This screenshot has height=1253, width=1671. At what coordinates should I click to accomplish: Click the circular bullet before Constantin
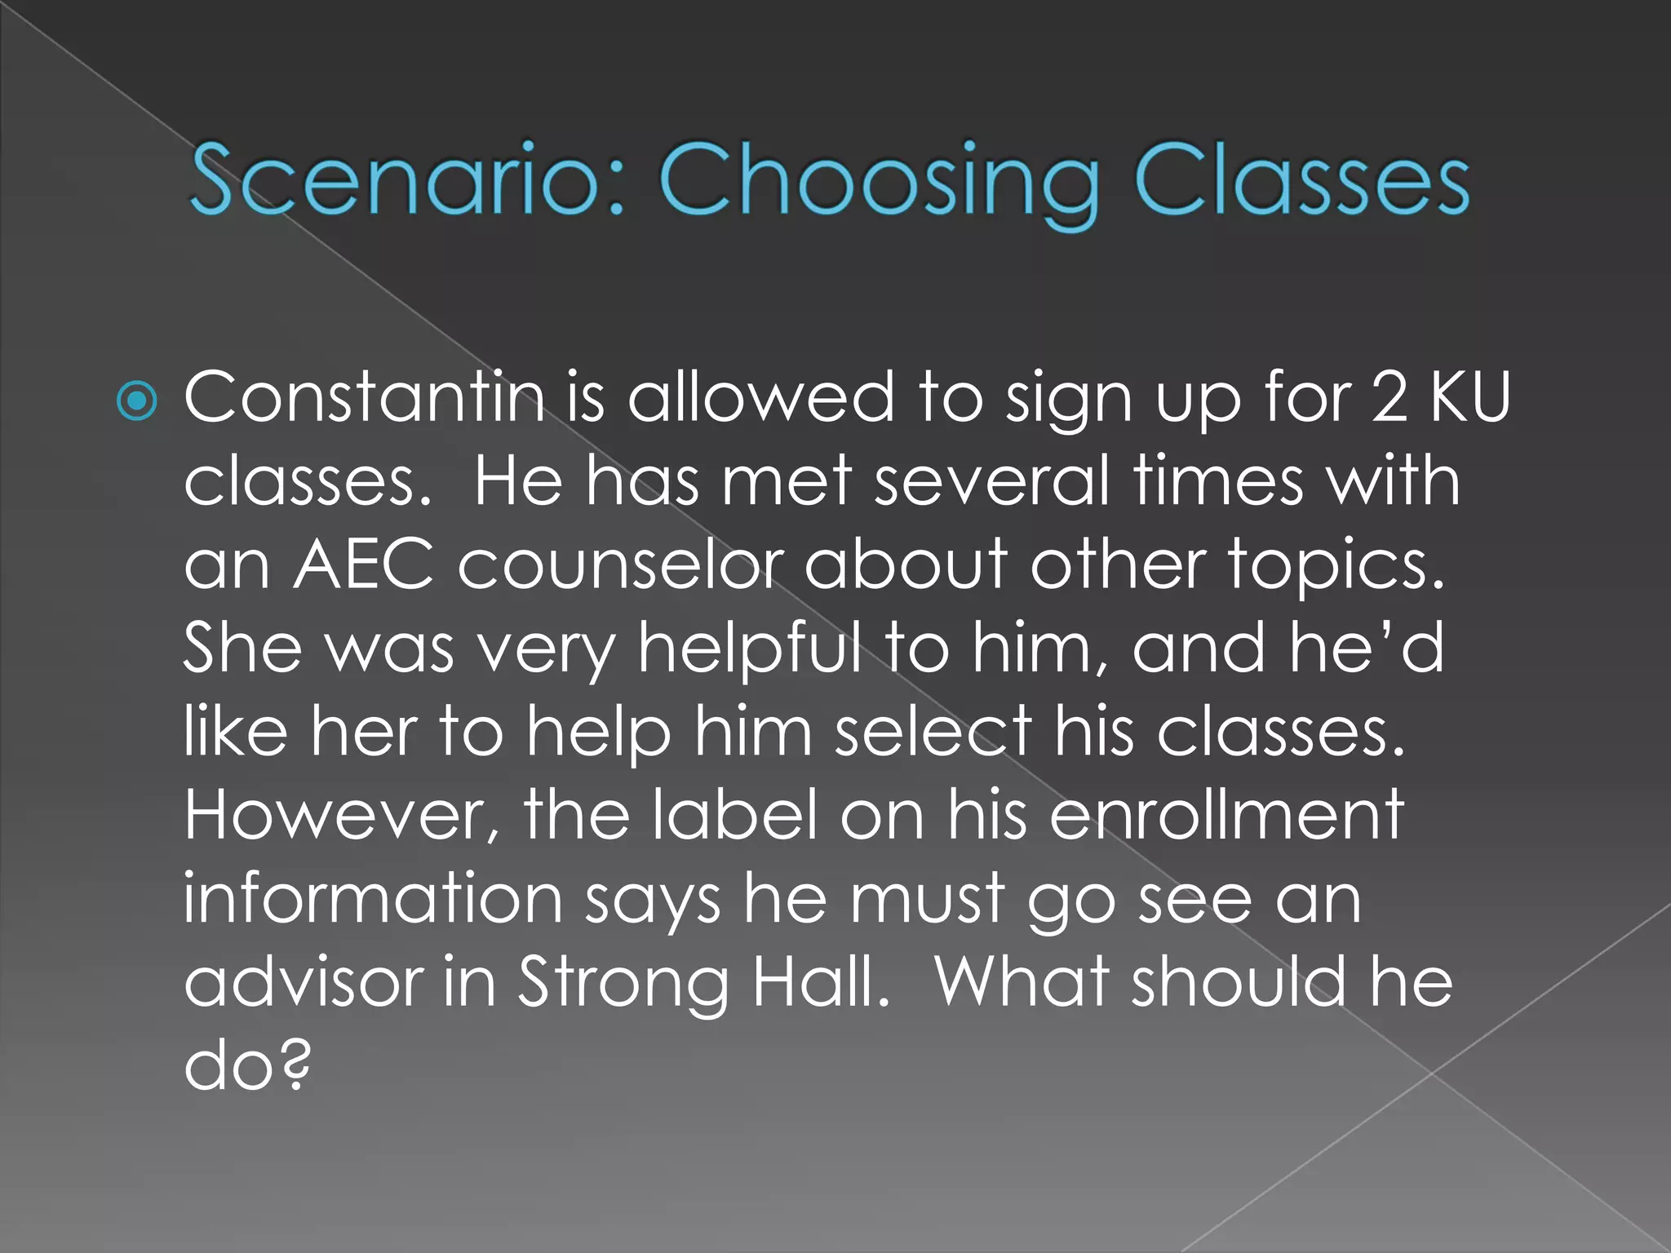136,401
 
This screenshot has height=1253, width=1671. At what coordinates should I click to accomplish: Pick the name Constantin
364,397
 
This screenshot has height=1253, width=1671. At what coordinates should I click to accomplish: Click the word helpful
749,650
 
